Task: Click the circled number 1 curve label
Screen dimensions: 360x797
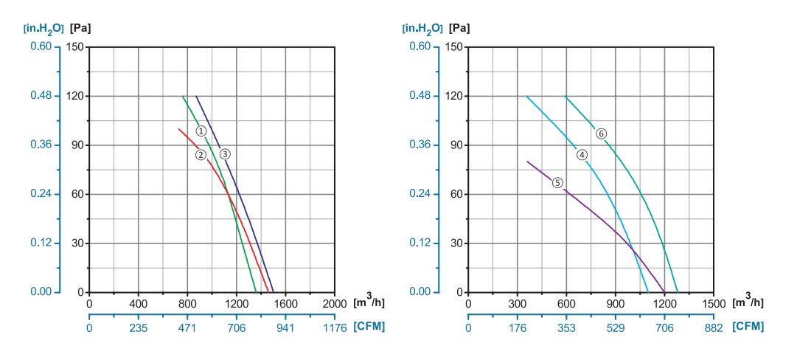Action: tap(201, 131)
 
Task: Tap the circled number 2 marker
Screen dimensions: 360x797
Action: tap(200, 154)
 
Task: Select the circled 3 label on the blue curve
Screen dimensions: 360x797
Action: tap(225, 154)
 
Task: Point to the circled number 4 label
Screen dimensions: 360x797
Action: tap(582, 155)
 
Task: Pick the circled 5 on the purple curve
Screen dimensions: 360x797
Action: tap(557, 182)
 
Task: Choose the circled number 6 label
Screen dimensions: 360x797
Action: tap(601, 134)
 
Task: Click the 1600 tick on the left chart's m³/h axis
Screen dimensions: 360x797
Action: tap(285, 303)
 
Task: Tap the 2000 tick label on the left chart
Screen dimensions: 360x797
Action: tap(334, 303)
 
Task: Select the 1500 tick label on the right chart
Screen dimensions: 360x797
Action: tap(713, 303)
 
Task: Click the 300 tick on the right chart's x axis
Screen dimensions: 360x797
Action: tap(518, 303)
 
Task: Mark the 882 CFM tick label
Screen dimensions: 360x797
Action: tap(713, 328)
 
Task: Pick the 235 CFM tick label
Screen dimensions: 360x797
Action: tap(139, 328)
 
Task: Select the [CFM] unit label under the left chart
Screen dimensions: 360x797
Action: tap(369, 327)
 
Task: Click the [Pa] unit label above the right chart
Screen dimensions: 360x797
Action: tap(459, 29)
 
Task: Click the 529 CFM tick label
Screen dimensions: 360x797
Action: tap(616, 328)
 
